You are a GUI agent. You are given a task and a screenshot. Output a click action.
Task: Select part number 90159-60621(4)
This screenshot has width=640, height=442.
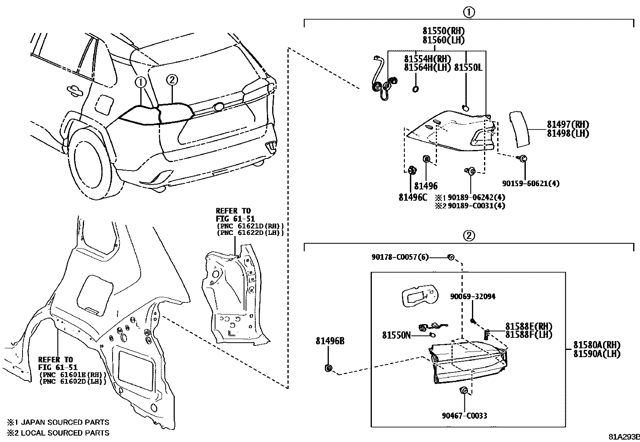(x=531, y=183)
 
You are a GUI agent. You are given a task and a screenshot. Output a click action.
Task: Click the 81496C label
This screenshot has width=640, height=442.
(x=413, y=197)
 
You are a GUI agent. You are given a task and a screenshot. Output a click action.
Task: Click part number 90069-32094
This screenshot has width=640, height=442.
(x=472, y=296)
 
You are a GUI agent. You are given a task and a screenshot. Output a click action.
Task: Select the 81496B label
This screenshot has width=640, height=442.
(x=330, y=341)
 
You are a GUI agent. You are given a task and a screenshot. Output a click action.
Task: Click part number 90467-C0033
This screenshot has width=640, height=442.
(x=464, y=415)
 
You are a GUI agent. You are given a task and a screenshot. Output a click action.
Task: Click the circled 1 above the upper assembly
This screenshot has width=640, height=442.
(x=469, y=12)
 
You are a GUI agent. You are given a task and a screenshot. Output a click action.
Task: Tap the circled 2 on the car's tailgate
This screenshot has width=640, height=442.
(x=172, y=80)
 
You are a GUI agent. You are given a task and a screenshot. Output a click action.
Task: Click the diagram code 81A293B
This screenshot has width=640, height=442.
(x=623, y=437)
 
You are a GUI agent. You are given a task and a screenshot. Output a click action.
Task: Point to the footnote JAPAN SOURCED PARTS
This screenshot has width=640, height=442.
(x=64, y=422)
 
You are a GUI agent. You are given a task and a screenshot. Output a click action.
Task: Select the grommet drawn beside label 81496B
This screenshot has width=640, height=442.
(x=328, y=368)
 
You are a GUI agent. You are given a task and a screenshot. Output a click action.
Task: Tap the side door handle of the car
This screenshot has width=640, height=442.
(x=73, y=90)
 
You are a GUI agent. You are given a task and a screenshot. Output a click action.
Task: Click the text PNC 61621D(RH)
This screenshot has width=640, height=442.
(x=250, y=226)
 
